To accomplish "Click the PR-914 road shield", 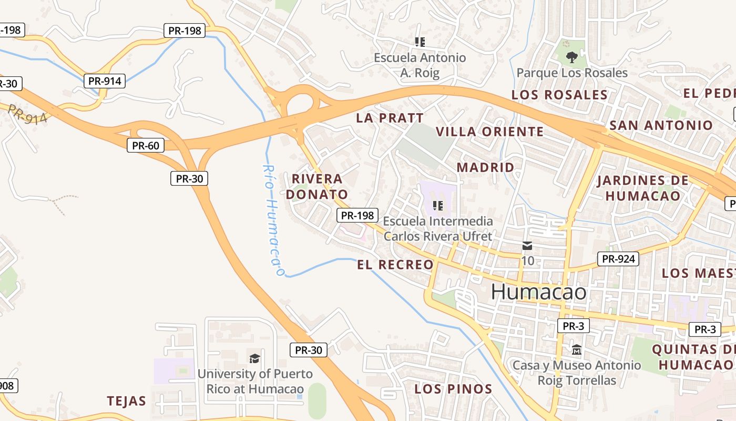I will coord(105,81).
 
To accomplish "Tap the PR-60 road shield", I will coord(146,145).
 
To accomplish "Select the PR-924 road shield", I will coord(618,259).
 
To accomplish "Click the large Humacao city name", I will coord(538,292).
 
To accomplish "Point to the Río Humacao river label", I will coord(273,220).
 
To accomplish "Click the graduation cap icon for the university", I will coord(254,359).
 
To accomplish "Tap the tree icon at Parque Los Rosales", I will coord(571,57).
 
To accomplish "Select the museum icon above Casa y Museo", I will coord(576,349).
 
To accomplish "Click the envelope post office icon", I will coord(527,246).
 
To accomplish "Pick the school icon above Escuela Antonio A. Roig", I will coord(420,42).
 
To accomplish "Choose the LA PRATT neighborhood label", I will coord(390,118).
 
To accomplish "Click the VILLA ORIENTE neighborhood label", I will coord(489,132).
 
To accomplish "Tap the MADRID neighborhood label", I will coord(485,167).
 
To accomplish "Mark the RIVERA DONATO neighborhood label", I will coord(317,187).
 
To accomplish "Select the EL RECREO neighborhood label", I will coord(395,265).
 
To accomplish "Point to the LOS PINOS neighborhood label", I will coord(453,389).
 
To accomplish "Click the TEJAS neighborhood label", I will coord(126,401).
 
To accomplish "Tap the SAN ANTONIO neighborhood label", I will coord(661,125).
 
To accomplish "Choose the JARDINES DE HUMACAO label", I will coord(642,188).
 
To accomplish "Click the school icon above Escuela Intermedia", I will coord(437,206).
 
